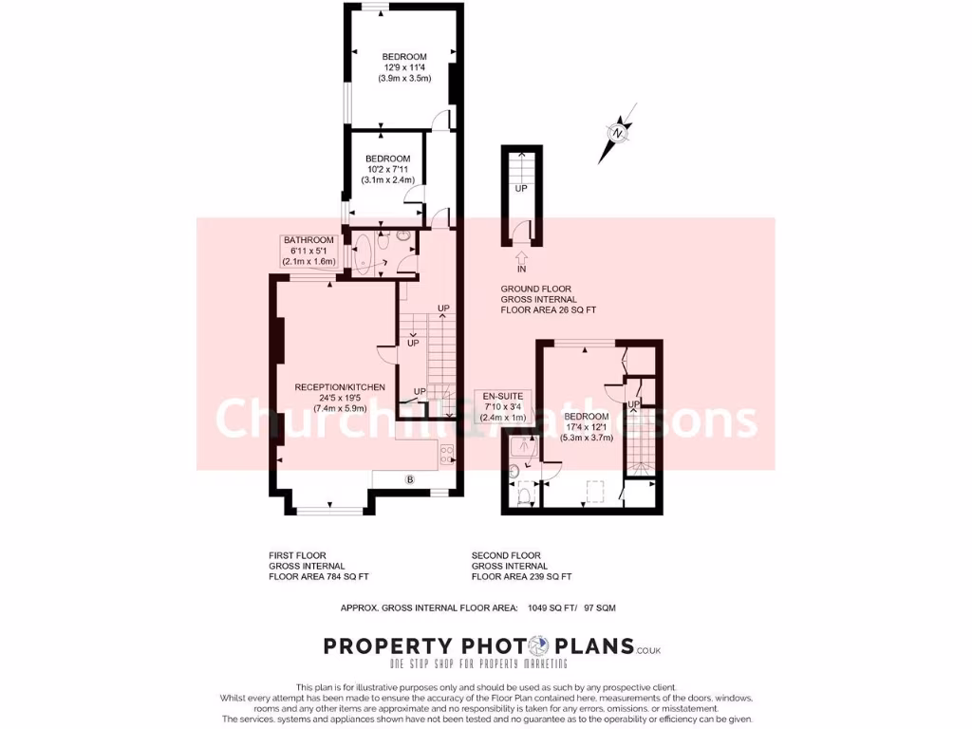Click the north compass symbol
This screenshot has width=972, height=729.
[x=618, y=134]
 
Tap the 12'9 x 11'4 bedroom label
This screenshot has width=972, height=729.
[x=404, y=67]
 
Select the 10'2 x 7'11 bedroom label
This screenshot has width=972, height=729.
[x=387, y=169]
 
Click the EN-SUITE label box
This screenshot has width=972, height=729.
[x=503, y=405]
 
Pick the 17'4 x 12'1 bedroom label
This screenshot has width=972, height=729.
[x=587, y=427]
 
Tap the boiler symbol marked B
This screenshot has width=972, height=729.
[x=410, y=479]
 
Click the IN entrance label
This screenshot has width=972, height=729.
[x=521, y=270]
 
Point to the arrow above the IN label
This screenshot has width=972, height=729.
[x=521, y=255]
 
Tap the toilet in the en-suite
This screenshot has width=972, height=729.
[x=523, y=493]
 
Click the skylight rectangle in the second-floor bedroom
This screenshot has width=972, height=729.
[x=596, y=491]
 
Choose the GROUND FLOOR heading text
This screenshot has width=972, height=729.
[x=536, y=289]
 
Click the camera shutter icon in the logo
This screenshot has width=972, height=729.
[x=536, y=646]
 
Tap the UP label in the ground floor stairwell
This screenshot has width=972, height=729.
[x=521, y=189]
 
